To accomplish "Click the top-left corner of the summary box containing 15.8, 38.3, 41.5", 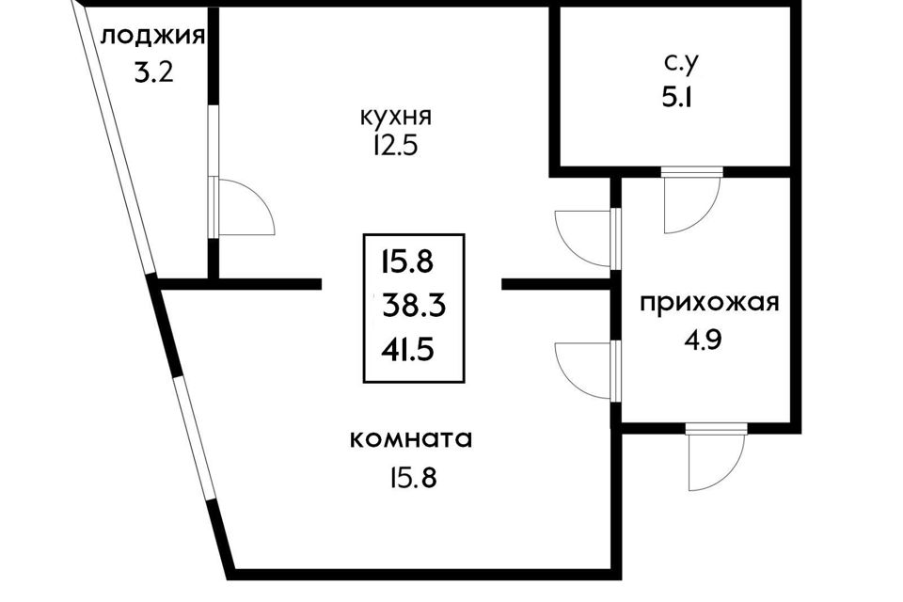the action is pos(363,234).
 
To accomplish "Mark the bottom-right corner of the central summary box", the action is pos(464,383).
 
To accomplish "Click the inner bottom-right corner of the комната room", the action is pos(611,569).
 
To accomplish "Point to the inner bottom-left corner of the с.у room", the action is pos(561,166).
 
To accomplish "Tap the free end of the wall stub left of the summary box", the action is pos(321,284).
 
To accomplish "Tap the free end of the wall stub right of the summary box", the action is pos(502,284).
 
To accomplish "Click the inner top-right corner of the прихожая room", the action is pos(790,178).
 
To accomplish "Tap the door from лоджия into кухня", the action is pos(242,206).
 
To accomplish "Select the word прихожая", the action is pos(709,303).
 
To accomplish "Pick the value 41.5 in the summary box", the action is pos(407,349).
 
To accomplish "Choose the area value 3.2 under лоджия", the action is pos(153,72).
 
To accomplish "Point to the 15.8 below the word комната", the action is pos(413,478).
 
